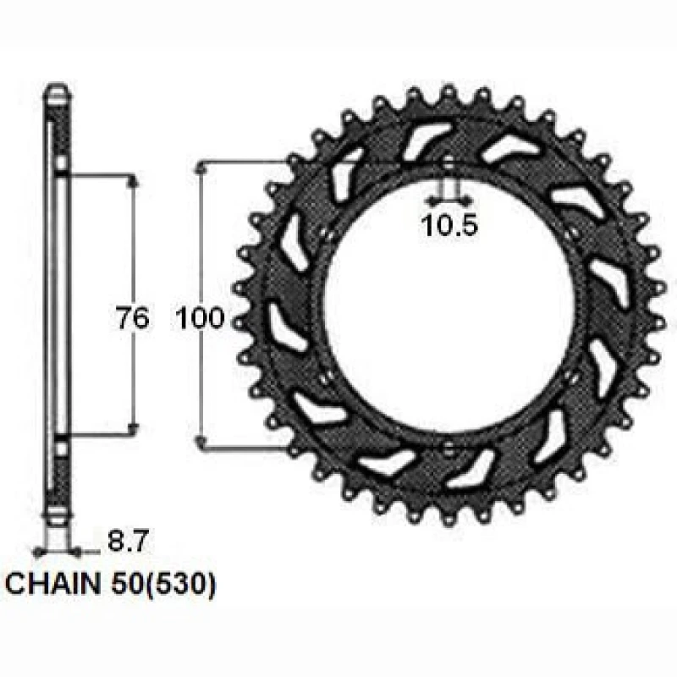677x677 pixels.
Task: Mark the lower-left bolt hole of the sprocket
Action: point(325,378)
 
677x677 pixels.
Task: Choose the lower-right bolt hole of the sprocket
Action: point(573,378)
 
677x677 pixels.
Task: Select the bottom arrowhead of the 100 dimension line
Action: point(201,442)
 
